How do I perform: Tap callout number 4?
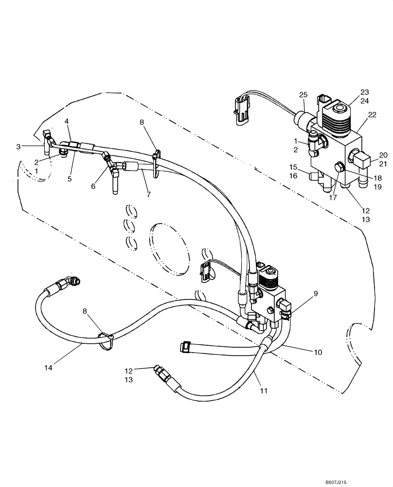pos(67,121)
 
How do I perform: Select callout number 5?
pos(70,179)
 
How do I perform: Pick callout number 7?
pos(149,194)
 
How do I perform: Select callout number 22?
pos(372,115)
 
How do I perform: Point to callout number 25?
pos(304,94)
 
